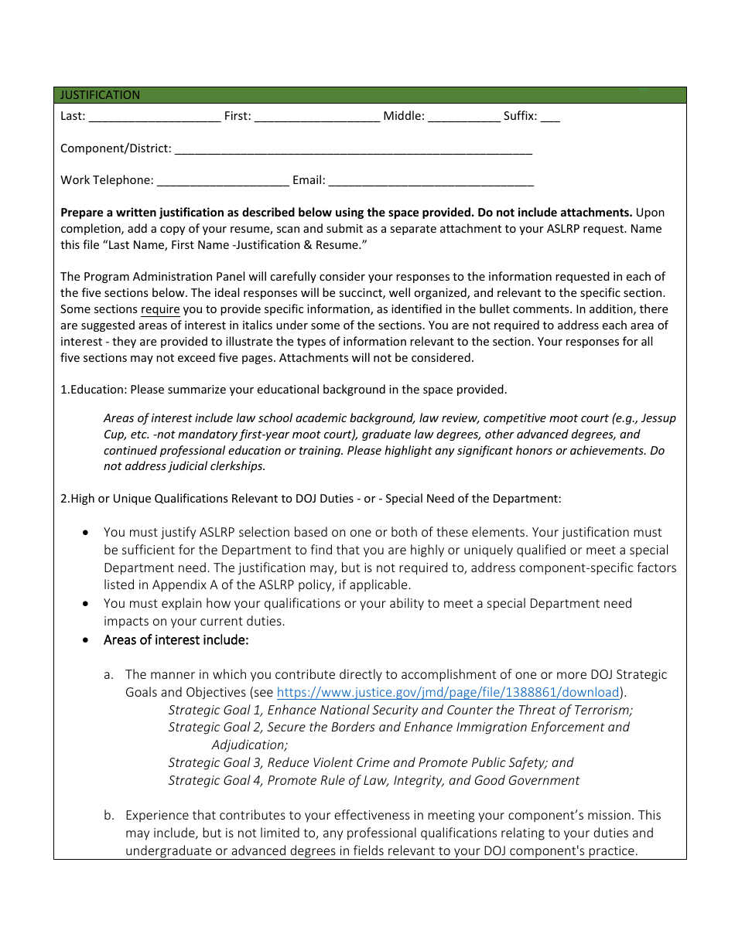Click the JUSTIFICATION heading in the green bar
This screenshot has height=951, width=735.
(x=101, y=95)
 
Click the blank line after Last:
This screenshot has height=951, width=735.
(x=155, y=118)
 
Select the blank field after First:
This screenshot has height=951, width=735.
(x=317, y=118)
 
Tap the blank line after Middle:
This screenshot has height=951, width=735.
(x=464, y=118)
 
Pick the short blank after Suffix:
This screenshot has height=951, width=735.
(x=550, y=118)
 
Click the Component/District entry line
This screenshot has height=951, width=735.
(x=354, y=149)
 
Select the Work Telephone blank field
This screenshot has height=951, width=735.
(x=223, y=181)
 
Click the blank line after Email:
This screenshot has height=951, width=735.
(x=431, y=181)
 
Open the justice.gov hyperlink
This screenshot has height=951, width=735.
(x=448, y=693)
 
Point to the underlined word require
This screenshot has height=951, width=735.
(x=160, y=309)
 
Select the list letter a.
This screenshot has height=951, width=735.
(x=109, y=675)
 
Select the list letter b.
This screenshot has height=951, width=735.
(x=109, y=816)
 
